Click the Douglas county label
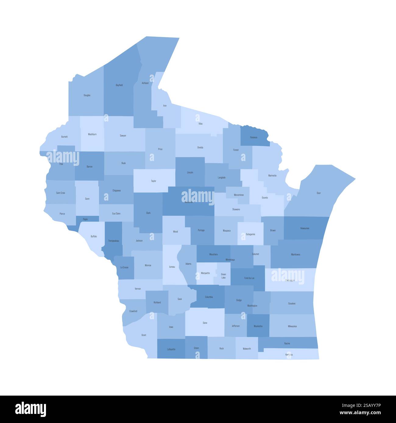(x=87, y=95)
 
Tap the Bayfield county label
(x=119, y=85)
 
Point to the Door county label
(x=319, y=193)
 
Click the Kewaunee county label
(x=305, y=228)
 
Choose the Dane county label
(x=205, y=323)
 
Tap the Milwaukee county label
(x=292, y=326)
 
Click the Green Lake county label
(x=223, y=276)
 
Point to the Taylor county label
(x=154, y=181)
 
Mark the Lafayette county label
(x=171, y=349)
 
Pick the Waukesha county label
(x=258, y=326)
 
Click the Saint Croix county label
(x=61, y=193)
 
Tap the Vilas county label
(x=200, y=124)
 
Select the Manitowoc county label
(x=295, y=254)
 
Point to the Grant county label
(x=144, y=335)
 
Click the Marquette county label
(x=205, y=273)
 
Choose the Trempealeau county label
(x=114, y=241)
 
